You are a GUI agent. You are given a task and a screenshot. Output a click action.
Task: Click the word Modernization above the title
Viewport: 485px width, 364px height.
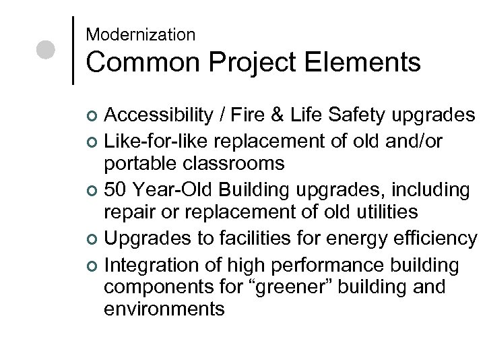141,33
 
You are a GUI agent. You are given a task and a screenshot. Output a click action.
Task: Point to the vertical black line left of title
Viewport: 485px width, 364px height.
73,49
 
